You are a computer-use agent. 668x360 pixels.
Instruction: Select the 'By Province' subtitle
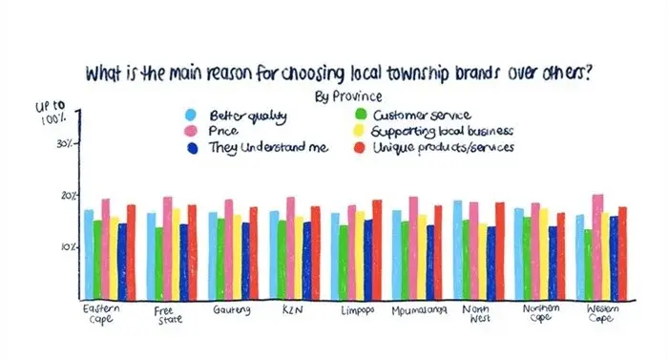pyautogui.click(x=346, y=96)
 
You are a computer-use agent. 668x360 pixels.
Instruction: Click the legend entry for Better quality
pyautogui.click(x=234, y=114)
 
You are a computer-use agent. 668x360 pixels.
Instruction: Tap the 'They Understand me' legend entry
pyautogui.click(x=257, y=147)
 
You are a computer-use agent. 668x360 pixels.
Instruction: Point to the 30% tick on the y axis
pyautogui.click(x=67, y=144)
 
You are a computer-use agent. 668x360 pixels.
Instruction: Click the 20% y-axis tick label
pyautogui.click(x=67, y=196)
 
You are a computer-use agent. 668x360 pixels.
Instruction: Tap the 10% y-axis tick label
pyautogui.click(x=67, y=246)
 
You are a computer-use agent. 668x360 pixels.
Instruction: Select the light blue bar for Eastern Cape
pyautogui.click(x=89, y=253)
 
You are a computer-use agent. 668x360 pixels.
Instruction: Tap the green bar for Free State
pyautogui.click(x=158, y=262)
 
